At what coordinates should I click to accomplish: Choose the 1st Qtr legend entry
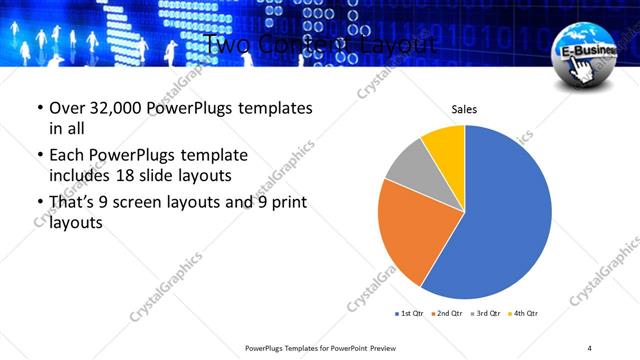point(411,314)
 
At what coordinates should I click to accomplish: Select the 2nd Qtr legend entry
point(446,314)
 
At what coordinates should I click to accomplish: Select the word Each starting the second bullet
point(67,155)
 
